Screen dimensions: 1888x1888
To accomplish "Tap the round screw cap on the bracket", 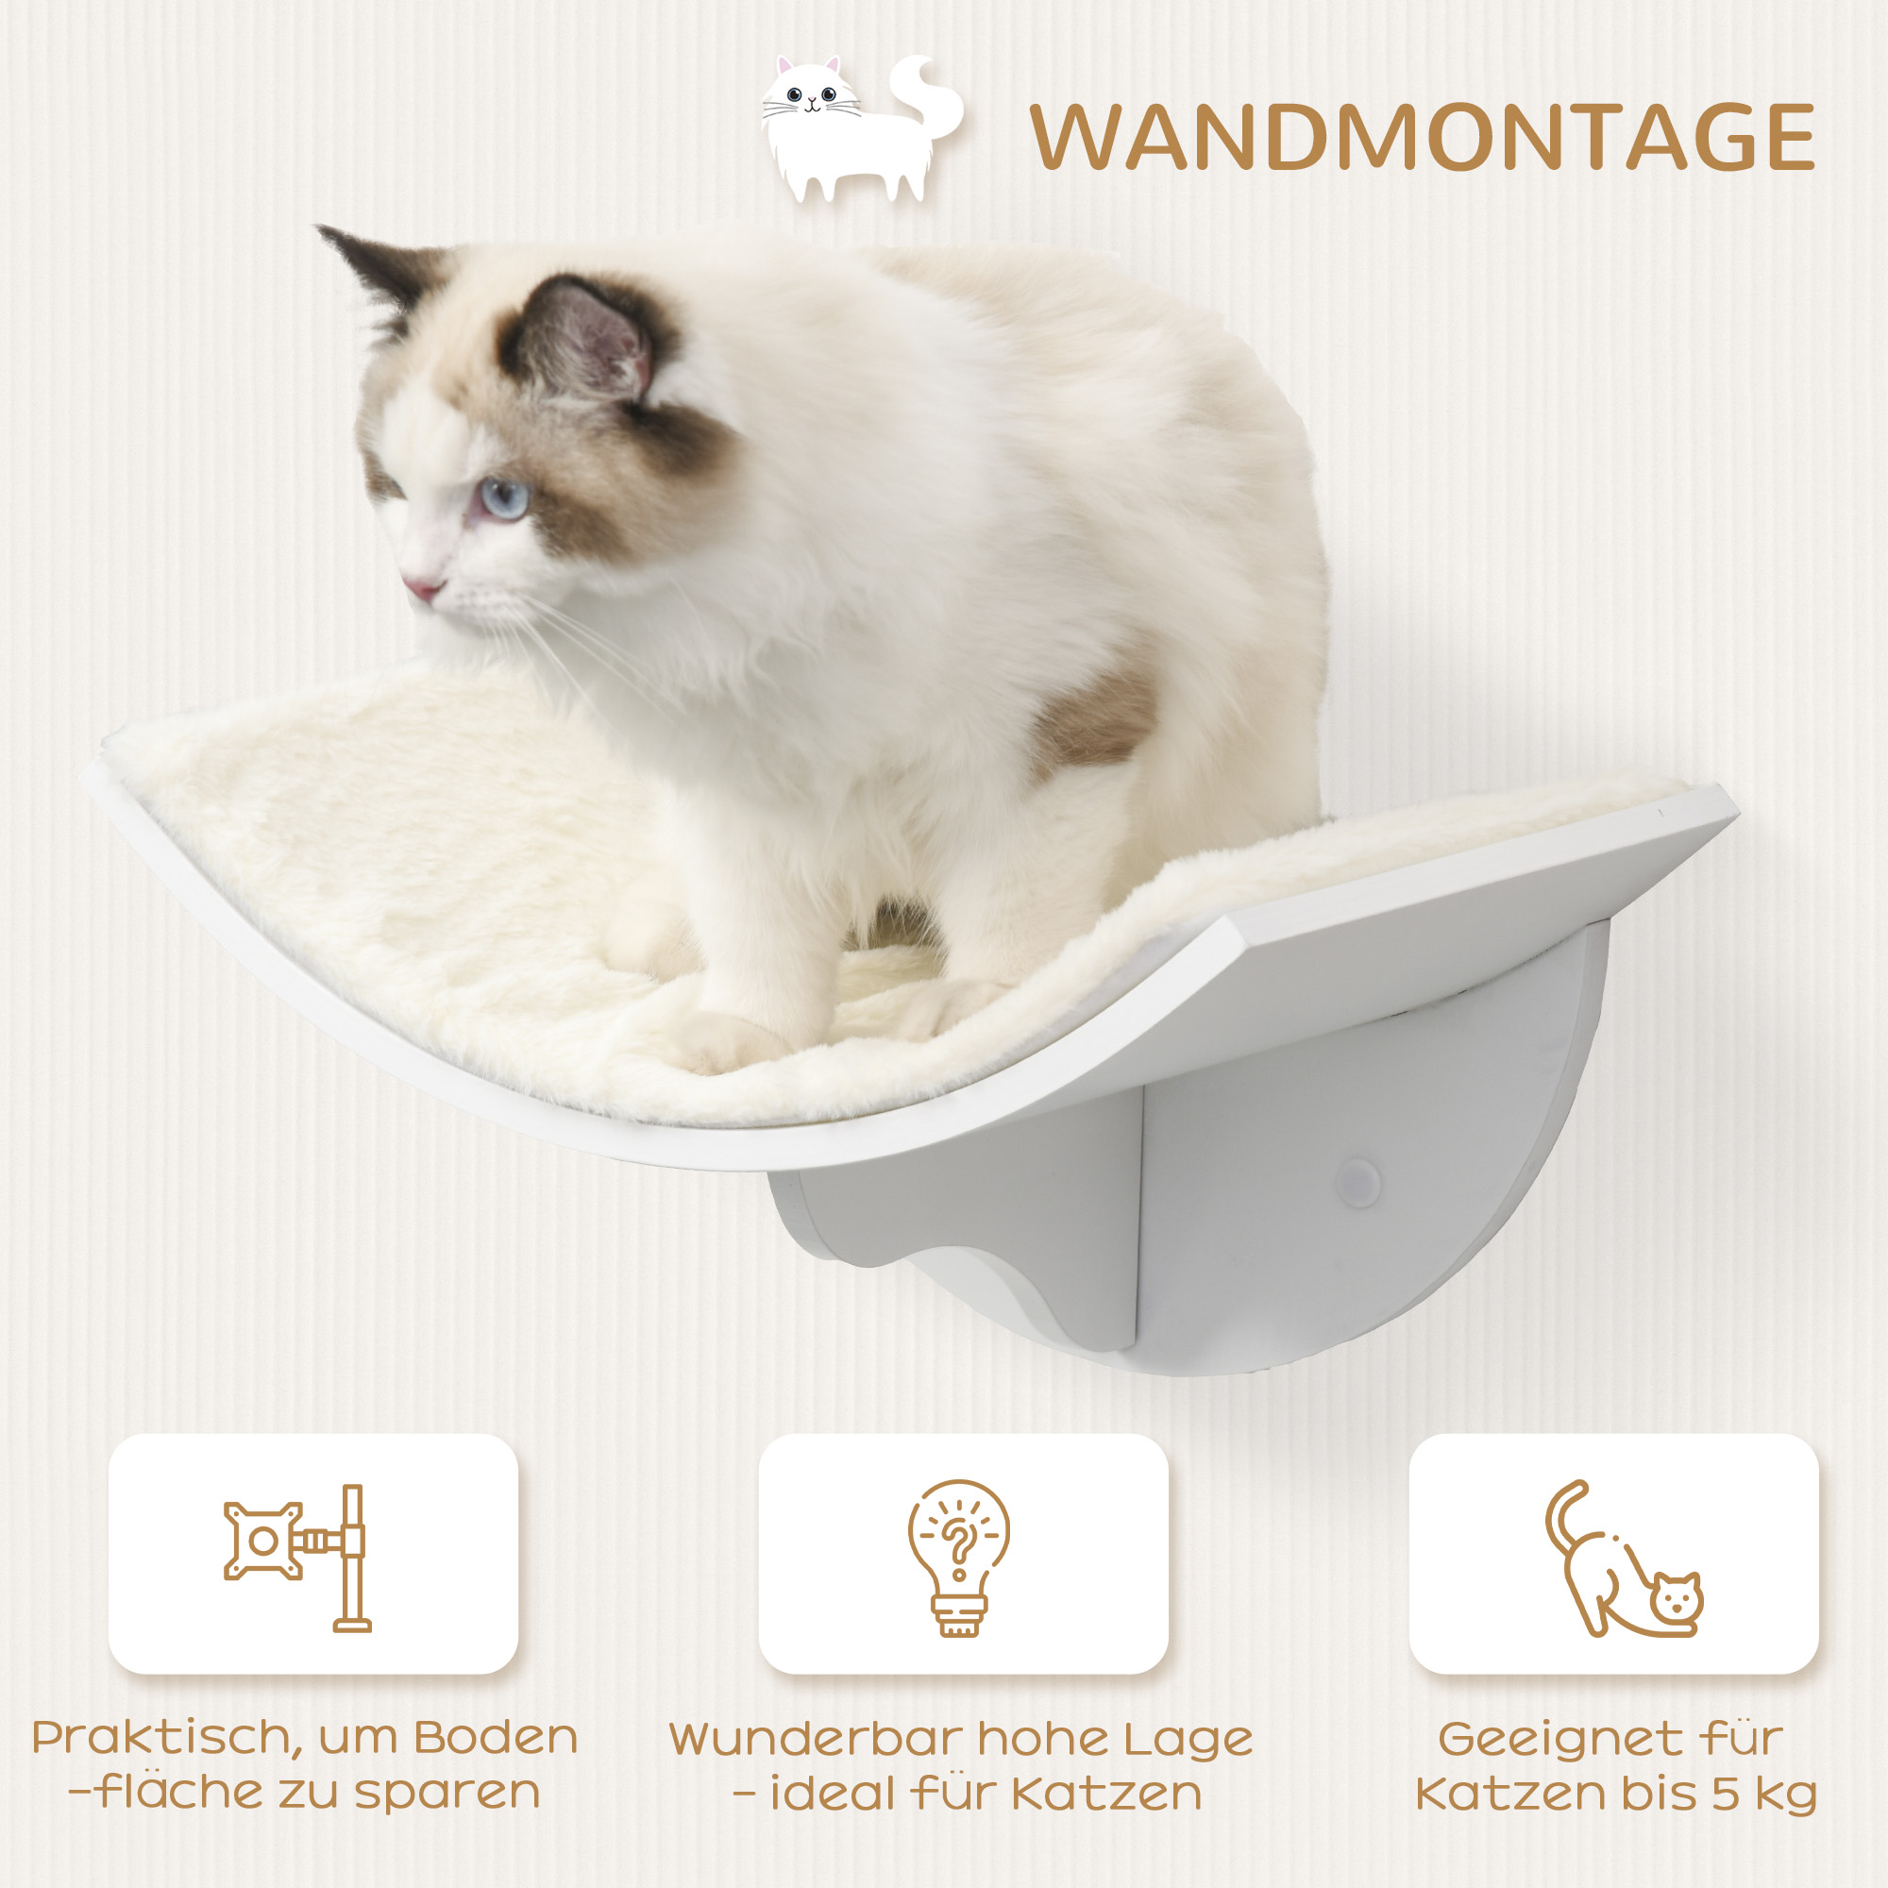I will click(x=1358, y=1182).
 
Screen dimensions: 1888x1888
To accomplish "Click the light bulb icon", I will click(x=959, y=1558).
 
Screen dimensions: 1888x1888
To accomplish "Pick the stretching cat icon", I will click(x=1621, y=1559).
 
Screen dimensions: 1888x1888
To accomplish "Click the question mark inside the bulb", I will click(x=959, y=1542).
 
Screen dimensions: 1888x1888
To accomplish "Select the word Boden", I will click(x=496, y=1738).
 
